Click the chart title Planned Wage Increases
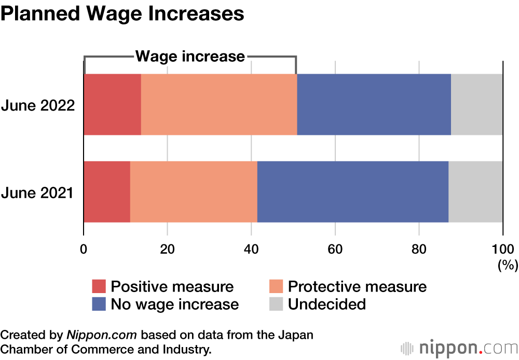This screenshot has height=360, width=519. (122, 14)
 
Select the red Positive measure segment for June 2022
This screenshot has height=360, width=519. (113, 105)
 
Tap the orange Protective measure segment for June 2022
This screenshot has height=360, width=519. (219, 105)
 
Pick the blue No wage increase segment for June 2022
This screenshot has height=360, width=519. (374, 105)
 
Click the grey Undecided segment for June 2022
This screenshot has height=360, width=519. (476, 105)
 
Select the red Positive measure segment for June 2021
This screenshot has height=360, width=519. (107, 192)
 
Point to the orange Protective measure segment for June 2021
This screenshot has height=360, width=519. (194, 192)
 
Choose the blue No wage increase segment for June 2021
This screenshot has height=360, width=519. (353, 192)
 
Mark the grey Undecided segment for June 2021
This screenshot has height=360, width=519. (475, 192)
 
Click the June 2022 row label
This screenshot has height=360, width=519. (38, 106)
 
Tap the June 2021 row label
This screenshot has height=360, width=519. (38, 193)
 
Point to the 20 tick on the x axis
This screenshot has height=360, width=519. (167, 248)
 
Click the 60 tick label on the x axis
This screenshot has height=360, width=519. (335, 248)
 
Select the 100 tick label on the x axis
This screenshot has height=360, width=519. (502, 248)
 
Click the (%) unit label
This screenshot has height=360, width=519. (508, 266)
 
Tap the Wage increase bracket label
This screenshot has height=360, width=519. (190, 56)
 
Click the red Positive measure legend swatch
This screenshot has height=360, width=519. (99, 287)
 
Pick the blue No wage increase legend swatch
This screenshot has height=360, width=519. (99, 304)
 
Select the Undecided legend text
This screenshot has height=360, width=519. (327, 304)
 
